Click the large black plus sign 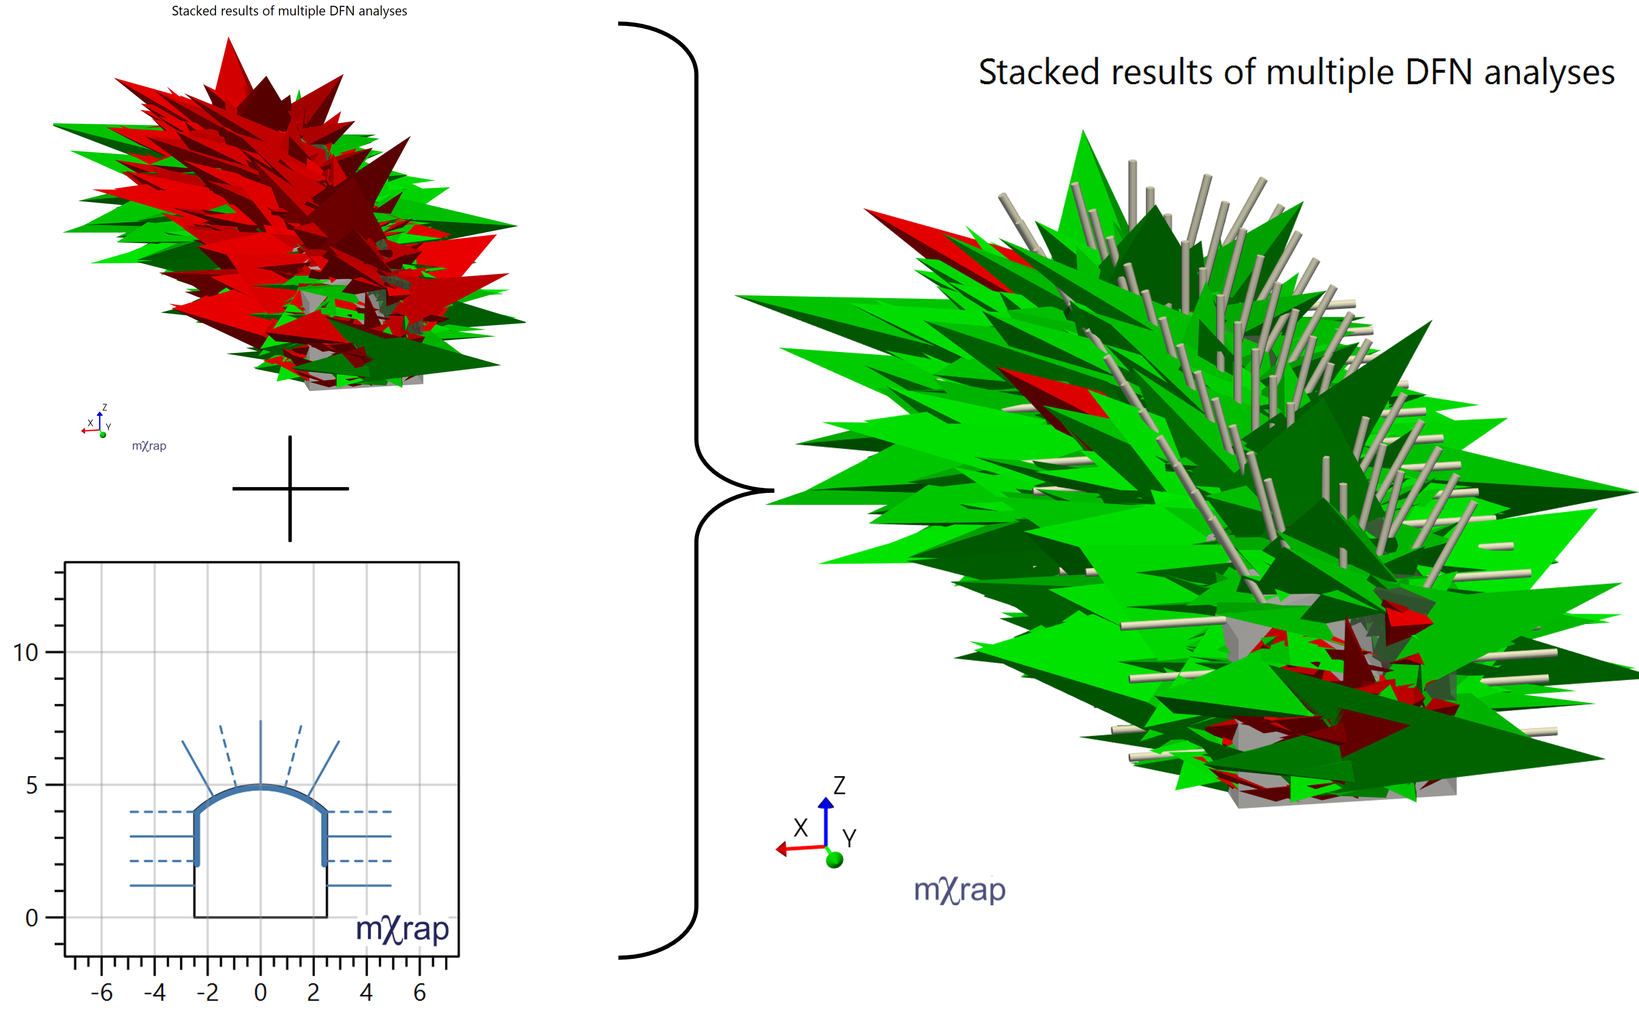coord(290,489)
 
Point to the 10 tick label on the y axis coord(26,653)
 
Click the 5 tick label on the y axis coord(32,785)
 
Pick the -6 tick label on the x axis coord(102,992)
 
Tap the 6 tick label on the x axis coord(419,992)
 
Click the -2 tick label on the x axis coord(207,992)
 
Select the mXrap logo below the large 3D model coord(959,891)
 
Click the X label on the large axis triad coord(800,828)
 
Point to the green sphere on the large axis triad coord(834,860)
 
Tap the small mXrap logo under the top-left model coord(149,446)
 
